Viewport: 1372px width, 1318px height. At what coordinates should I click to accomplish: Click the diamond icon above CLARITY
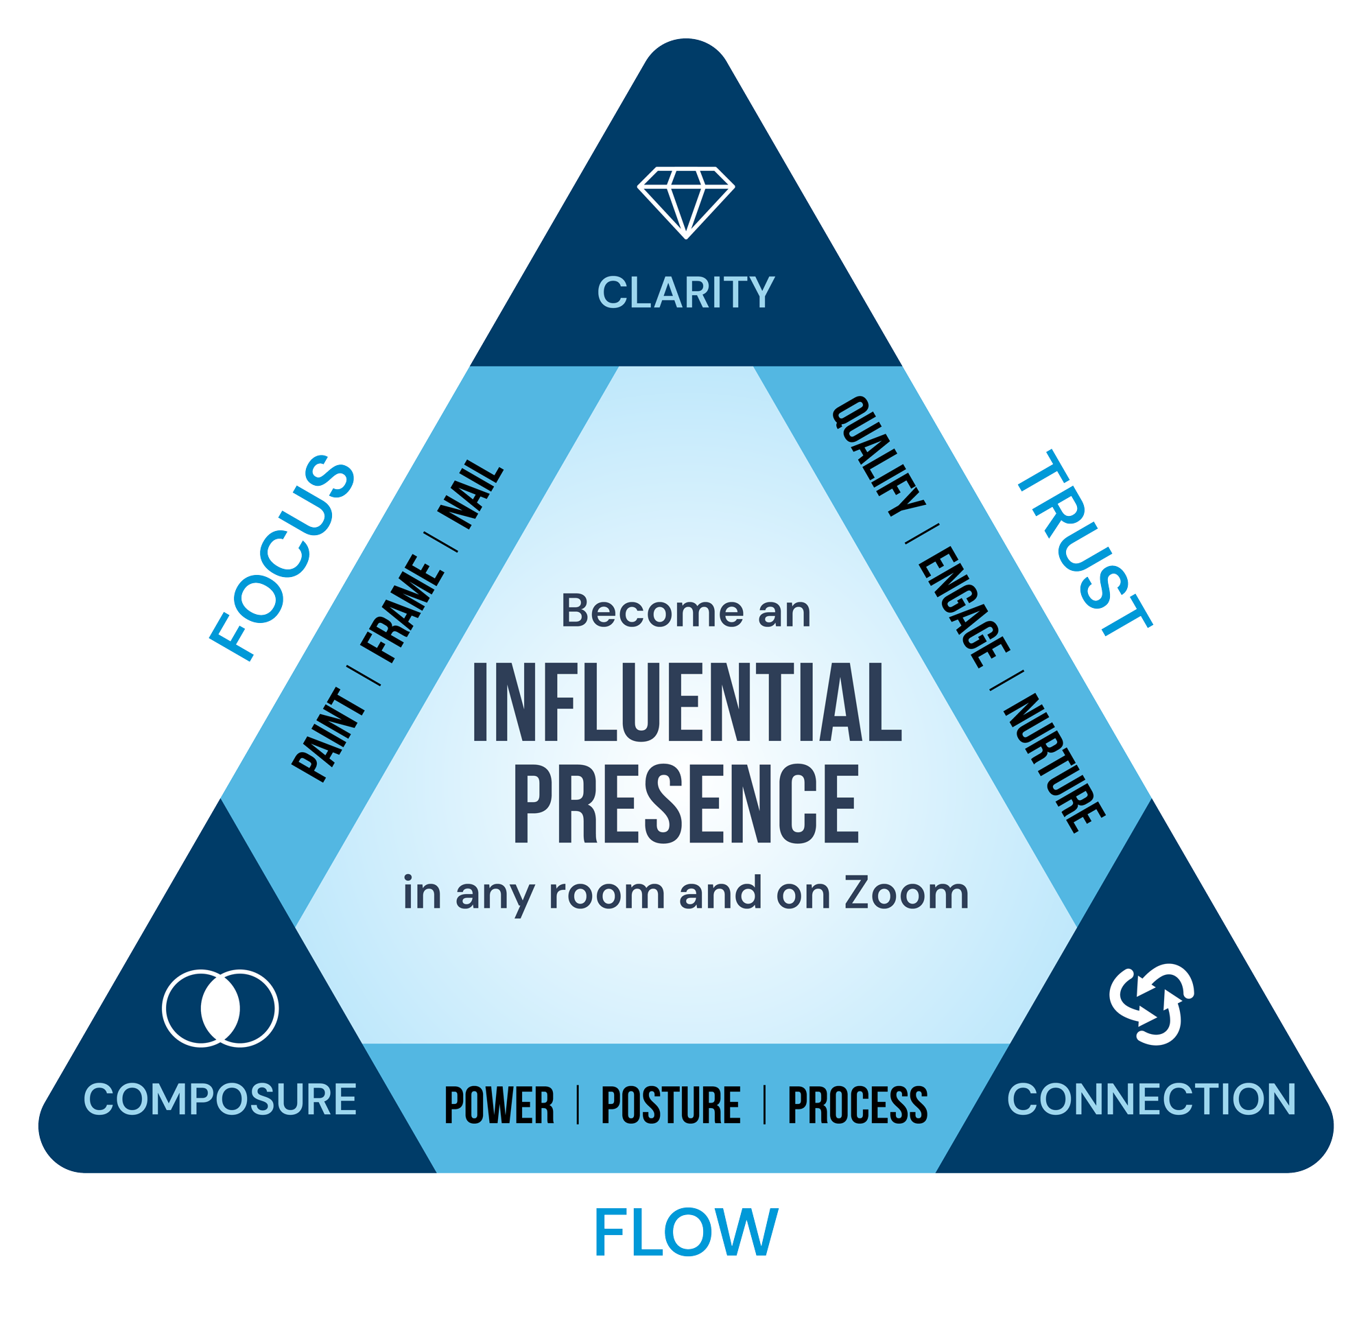pos(686,202)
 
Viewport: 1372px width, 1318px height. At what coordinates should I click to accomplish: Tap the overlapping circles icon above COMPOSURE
pos(220,1009)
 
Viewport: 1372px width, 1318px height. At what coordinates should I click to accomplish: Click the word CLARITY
pos(686,292)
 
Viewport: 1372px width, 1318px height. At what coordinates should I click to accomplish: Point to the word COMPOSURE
pos(220,1099)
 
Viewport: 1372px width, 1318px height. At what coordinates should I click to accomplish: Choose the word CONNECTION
pos(1152,1099)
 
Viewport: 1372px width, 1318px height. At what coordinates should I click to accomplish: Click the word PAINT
pos(328,735)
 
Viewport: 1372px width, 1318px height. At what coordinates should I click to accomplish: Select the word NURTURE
pos(1054,763)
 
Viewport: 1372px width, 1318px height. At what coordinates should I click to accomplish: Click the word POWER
pos(499,1105)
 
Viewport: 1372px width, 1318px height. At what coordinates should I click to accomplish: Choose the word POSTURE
pos(671,1105)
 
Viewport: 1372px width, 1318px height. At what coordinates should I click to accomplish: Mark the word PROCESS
pos(858,1105)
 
